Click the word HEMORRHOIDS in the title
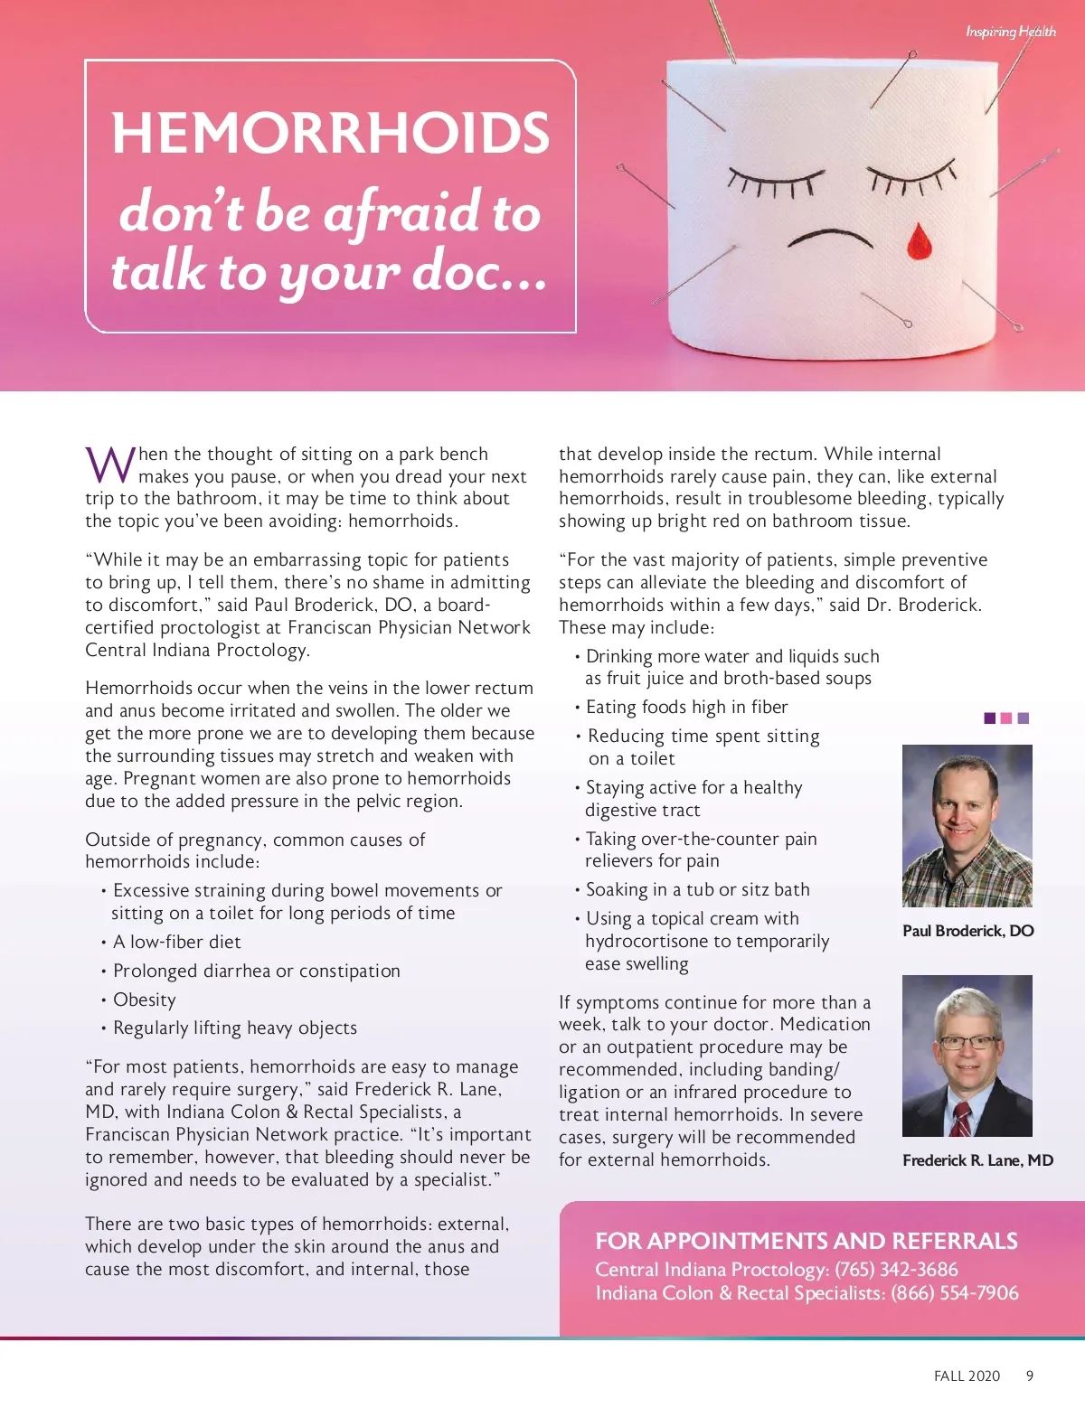coord(330,133)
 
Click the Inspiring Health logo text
coord(1010,32)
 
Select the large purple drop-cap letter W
coord(110,465)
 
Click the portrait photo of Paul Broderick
coord(967,825)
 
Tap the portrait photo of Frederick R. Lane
coord(967,1056)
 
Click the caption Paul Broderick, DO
coord(967,931)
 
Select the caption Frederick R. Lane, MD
coord(977,1160)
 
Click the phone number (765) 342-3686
coord(896,1270)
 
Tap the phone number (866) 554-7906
coord(954,1293)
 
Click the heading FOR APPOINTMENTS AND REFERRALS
coord(806,1241)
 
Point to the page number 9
coord(1030,1375)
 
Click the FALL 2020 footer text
coord(967,1375)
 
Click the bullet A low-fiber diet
coord(177,942)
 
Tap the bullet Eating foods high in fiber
coord(686,707)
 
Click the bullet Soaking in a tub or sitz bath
coord(697,889)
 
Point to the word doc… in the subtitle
coord(479,271)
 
